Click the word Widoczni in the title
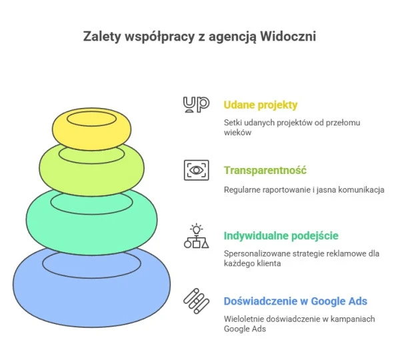coord(288,36)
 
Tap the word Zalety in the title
coord(102,36)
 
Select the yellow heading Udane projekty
coord(261,105)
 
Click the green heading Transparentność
coord(265,170)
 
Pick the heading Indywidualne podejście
coord(281,236)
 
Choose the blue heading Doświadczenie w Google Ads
coord(295,301)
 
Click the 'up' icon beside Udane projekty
coord(196,105)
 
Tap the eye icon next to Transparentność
coord(197,170)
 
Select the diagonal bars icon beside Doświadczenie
coord(196,301)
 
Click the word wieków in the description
coord(237,133)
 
